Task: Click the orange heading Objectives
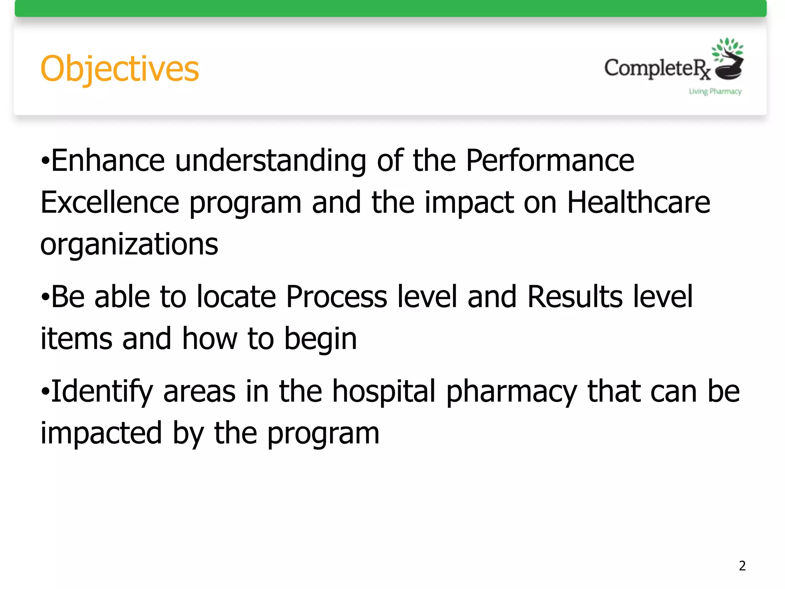click(120, 69)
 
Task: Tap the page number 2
click(742, 566)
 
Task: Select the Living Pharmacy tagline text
click(715, 91)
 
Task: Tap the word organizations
click(129, 245)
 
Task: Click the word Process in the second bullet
click(337, 297)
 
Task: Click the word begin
click(320, 339)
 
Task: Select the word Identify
click(102, 391)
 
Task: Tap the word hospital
click(384, 391)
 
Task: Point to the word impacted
click(101, 433)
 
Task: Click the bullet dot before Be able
click(45, 298)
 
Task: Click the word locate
click(236, 297)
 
